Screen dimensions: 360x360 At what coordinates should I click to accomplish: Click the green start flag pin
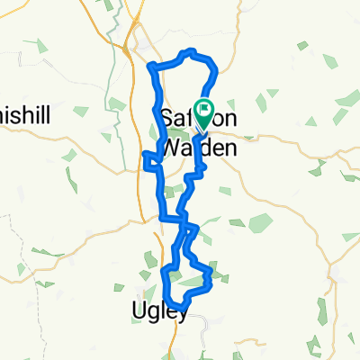point(205,112)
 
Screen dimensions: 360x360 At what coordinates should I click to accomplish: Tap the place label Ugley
point(157,312)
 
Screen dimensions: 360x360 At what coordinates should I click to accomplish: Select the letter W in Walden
point(171,145)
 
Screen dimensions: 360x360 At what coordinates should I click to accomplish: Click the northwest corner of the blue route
point(150,66)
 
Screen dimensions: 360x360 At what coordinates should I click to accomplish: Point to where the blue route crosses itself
point(184,220)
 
